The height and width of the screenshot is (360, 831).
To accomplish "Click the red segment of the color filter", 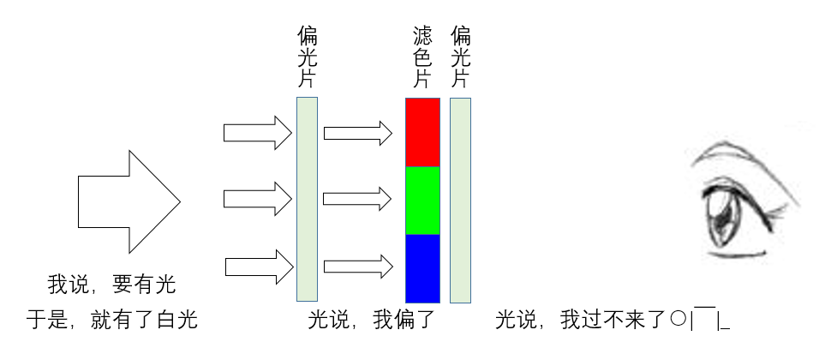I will [422, 132].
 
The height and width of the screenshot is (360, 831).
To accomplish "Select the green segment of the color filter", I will [422, 200].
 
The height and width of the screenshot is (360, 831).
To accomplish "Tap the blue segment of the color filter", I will [422, 268].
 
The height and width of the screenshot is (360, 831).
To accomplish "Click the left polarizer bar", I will [307, 199].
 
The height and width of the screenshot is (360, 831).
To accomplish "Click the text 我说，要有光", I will [111, 283].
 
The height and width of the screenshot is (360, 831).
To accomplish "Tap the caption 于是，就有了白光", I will [111, 321].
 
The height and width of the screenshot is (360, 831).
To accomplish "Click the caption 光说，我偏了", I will [372, 321].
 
